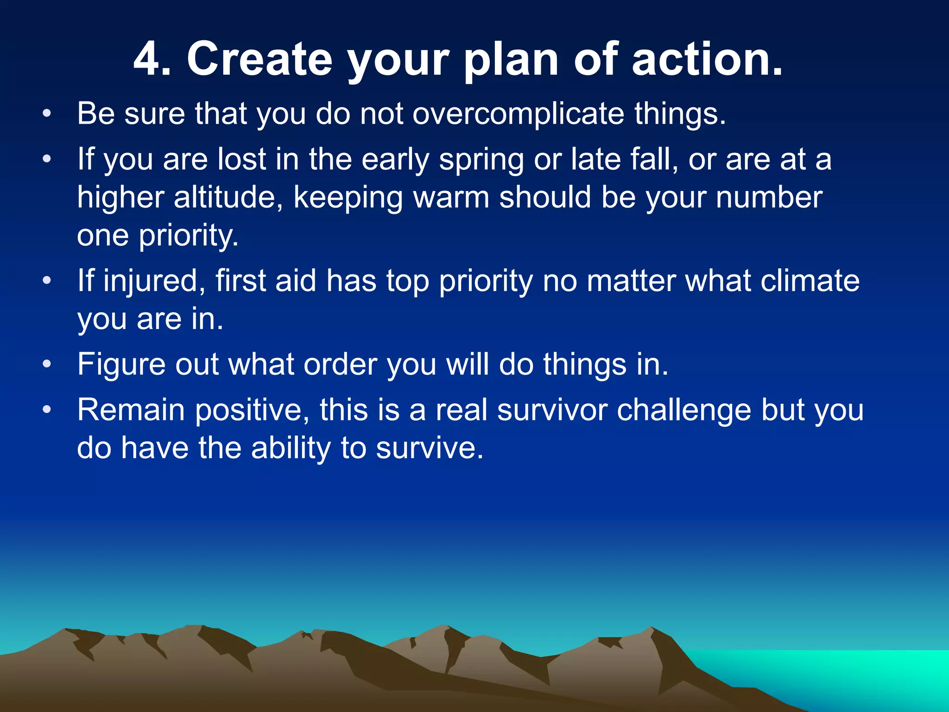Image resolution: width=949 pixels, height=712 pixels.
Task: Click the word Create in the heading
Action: [x=259, y=59]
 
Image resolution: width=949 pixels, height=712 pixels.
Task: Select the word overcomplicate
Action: [x=518, y=113]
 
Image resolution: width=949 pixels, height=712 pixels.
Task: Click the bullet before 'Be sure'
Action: [x=46, y=114]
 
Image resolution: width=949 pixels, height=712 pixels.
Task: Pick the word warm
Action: [x=451, y=197]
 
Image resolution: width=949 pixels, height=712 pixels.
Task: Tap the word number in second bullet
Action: [x=769, y=197]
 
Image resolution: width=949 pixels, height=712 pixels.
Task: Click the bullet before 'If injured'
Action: [x=46, y=281]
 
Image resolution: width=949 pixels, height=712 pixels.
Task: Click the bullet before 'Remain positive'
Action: [x=46, y=410]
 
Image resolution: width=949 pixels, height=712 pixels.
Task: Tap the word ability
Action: [x=291, y=449]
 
